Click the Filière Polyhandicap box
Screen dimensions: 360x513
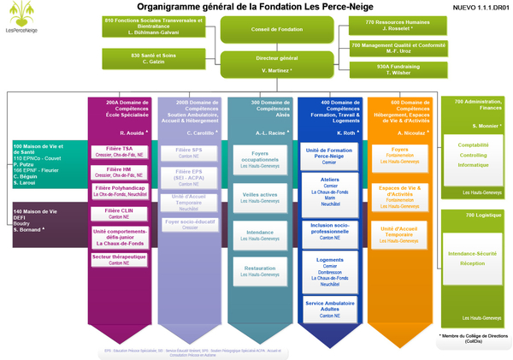[120, 190]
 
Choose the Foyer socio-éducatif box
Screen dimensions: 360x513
[190, 224]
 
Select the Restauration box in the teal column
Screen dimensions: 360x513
[260, 271]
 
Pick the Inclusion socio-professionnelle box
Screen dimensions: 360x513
[331, 229]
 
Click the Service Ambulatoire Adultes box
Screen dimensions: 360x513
[331, 307]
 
